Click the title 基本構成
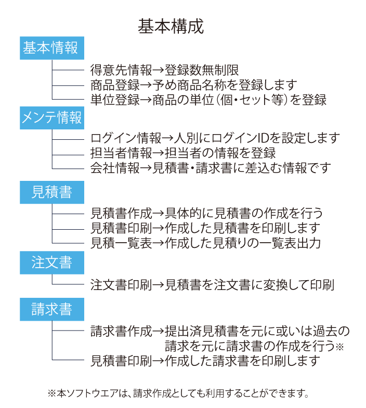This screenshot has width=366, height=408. (171, 27)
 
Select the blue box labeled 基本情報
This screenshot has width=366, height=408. (52, 48)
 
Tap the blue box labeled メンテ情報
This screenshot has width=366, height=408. (52, 117)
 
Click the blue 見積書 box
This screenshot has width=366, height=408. (52, 192)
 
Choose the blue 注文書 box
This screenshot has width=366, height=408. (52, 262)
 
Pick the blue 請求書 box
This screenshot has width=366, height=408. (52, 309)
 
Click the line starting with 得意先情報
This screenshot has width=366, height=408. (164, 70)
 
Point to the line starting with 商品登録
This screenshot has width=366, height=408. (194, 85)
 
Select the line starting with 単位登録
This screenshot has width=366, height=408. (208, 100)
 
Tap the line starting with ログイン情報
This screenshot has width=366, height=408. (215, 138)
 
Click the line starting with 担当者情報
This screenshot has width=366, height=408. (182, 153)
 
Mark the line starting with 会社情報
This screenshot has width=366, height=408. (211, 168)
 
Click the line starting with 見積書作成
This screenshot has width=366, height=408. (206, 213)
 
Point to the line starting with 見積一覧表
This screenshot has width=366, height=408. (205, 243)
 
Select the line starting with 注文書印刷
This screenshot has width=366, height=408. (212, 285)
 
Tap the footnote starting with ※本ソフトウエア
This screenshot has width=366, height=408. (178, 393)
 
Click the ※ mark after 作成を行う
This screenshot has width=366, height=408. (339, 347)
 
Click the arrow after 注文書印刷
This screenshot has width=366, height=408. (158, 285)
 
